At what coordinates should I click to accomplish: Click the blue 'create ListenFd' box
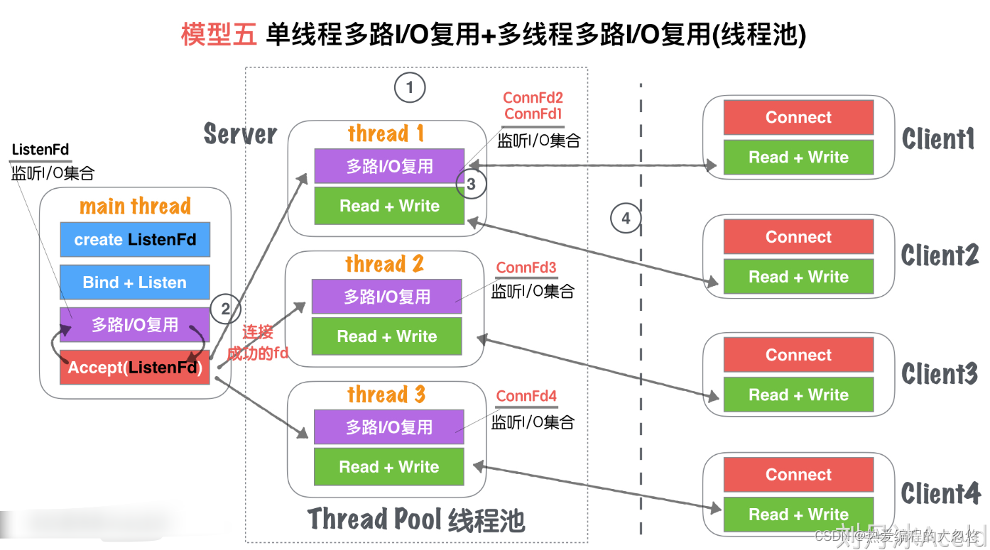[135, 240]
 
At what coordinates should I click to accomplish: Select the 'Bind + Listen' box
[135, 282]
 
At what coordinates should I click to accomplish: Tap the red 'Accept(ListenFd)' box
[135, 368]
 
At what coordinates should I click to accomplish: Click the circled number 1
[409, 88]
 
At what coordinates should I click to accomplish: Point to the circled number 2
[226, 309]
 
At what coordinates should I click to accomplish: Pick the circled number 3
[472, 185]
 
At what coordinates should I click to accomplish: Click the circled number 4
[626, 218]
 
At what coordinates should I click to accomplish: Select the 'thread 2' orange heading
[384, 265]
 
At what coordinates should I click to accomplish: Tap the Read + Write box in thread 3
[389, 467]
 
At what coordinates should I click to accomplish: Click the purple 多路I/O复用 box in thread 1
[389, 166]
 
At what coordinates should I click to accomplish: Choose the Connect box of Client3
[798, 355]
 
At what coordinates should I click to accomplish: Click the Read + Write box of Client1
[798, 158]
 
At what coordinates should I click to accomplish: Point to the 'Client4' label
[940, 493]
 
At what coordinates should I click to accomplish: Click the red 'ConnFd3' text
[526, 268]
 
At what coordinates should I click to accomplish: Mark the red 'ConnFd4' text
[526, 396]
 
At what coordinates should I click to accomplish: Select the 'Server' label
[240, 133]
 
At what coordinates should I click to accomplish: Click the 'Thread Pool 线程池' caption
[416, 520]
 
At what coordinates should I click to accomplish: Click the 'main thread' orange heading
[135, 207]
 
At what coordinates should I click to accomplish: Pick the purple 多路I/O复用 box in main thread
[135, 325]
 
